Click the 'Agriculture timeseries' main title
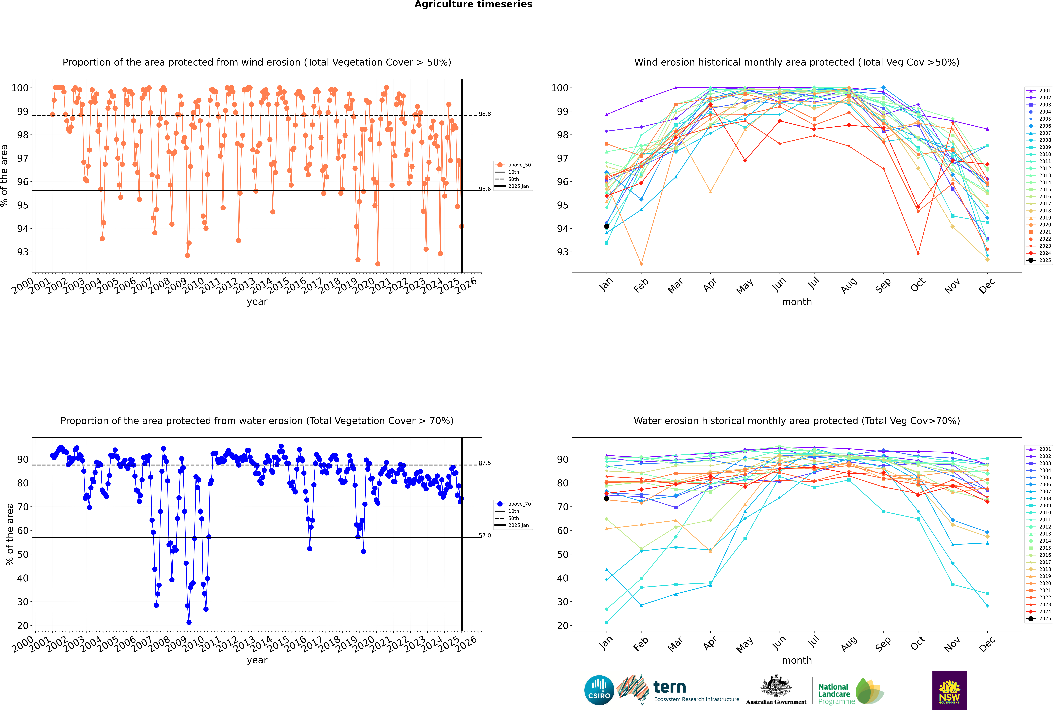point(473,4)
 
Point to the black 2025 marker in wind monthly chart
point(607,226)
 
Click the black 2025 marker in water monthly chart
point(607,499)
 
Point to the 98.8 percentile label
point(485,114)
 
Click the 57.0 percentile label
point(485,536)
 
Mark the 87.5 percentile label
point(485,463)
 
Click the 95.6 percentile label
point(485,189)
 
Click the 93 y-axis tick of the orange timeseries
point(23,252)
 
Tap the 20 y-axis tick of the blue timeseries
point(23,626)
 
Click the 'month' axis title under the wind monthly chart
point(797,302)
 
